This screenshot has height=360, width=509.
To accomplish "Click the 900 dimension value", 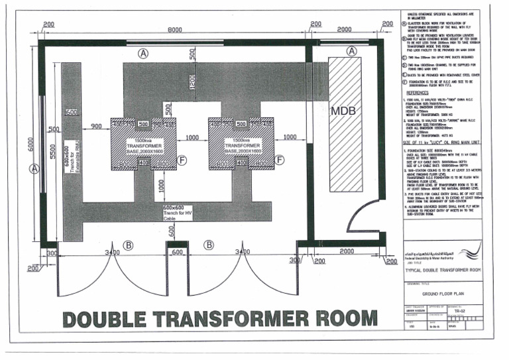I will click(95, 127).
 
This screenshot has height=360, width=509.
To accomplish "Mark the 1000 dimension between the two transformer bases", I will click(192, 137).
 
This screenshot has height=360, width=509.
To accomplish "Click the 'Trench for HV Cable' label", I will click(177, 211).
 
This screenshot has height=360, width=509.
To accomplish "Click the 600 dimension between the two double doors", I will click(178, 252).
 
